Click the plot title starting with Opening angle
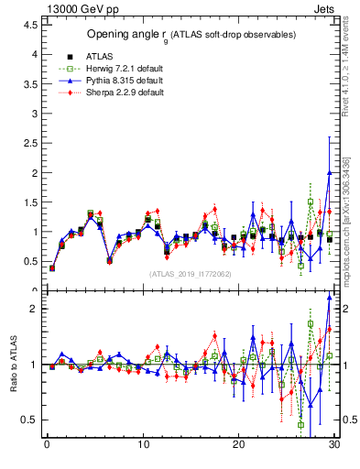[x=191, y=34]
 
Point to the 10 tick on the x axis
[x=142, y=446]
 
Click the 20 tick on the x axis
[x=238, y=446]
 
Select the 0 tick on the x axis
[x=47, y=446]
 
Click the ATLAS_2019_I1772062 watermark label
[x=191, y=274]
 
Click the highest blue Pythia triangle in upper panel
[x=329, y=173]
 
